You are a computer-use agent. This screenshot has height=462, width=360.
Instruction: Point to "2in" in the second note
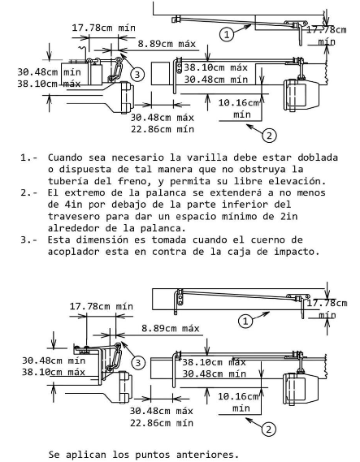point(290,217)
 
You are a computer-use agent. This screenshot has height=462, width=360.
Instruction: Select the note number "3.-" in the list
point(29,240)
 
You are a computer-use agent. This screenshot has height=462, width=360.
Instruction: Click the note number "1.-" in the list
point(29,158)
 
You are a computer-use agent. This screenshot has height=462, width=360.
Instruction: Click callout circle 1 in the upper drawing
point(227,34)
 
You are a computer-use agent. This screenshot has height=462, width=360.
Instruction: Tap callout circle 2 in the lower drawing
point(269,429)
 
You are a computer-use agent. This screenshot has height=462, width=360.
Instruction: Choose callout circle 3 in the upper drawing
point(137,75)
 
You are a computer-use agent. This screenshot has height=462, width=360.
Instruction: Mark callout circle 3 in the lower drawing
point(137,363)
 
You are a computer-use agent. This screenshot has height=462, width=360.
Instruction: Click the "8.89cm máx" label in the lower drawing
point(171,328)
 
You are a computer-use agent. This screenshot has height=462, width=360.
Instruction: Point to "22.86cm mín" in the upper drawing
point(163,129)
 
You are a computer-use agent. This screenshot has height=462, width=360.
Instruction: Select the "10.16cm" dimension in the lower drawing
point(238,396)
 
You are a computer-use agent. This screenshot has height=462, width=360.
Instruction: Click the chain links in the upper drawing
point(115,70)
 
